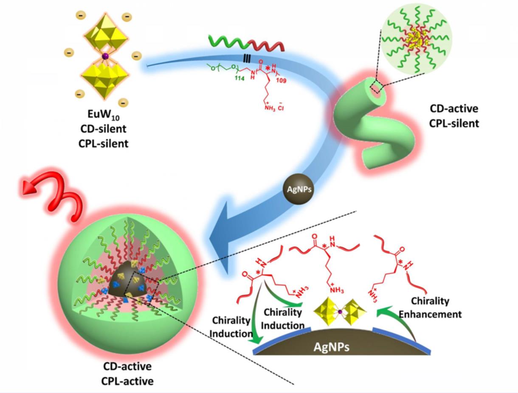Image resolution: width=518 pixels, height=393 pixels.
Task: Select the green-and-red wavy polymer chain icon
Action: pyautogui.click(x=246, y=42)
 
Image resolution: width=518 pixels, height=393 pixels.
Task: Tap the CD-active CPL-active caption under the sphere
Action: pyautogui.click(x=127, y=373)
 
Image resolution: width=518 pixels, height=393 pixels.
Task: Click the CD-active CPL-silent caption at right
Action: pyautogui.click(x=454, y=116)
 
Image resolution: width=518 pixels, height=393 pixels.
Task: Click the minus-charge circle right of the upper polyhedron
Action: pyautogui.click(x=137, y=55)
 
